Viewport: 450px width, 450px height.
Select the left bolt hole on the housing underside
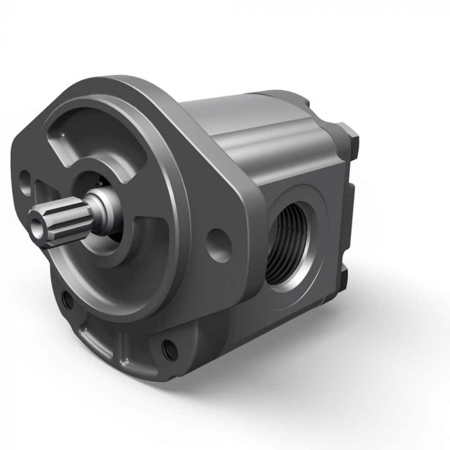click(67, 299)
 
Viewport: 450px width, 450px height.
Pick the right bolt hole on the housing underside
click(170, 350)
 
